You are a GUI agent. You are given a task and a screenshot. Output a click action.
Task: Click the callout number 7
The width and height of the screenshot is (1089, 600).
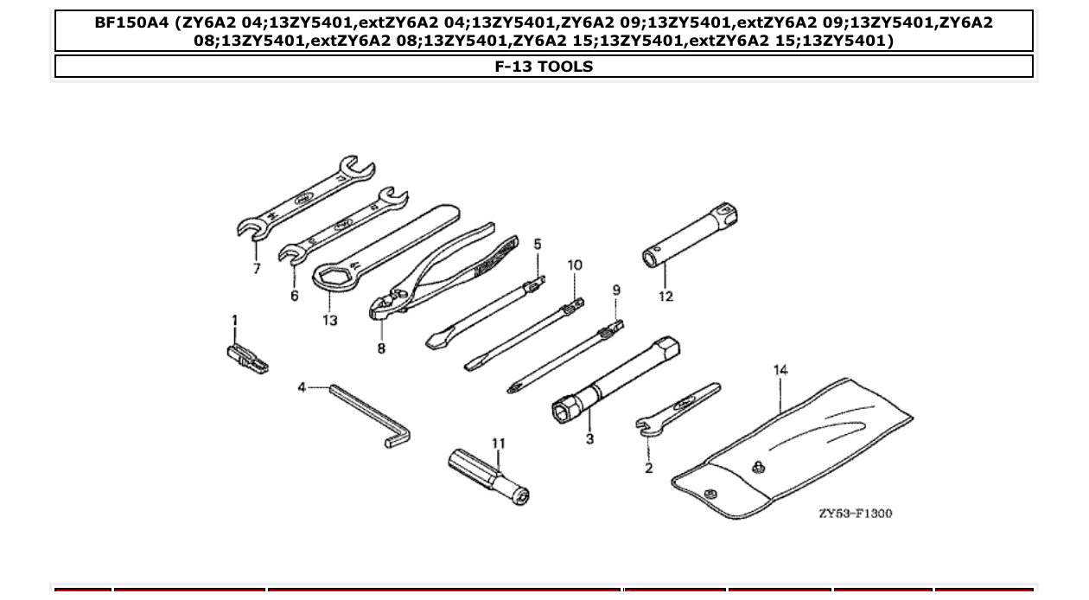257,269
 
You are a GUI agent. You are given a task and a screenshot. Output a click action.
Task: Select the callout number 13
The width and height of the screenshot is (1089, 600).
330,320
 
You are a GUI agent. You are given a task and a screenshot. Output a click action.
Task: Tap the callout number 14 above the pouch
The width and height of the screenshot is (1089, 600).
780,370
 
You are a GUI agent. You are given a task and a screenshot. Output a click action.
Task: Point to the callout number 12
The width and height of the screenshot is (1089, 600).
665,297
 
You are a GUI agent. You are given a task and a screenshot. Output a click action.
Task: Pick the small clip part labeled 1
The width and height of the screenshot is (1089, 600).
245,357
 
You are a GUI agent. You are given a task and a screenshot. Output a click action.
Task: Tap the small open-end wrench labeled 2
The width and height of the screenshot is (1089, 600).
678,407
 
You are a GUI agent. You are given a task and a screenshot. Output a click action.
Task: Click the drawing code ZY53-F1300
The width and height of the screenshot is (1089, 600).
855,514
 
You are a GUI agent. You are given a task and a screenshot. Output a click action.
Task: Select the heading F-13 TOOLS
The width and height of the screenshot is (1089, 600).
544,67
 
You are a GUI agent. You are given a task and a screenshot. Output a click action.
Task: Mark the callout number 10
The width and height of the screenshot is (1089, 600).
575,265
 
